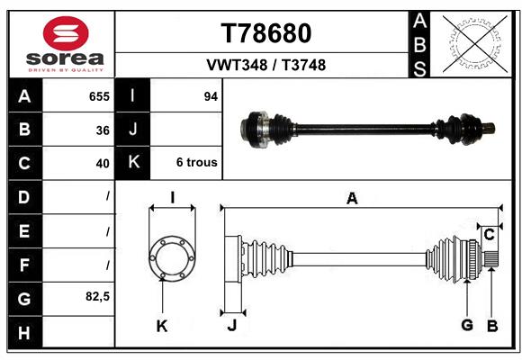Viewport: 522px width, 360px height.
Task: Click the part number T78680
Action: (266, 33)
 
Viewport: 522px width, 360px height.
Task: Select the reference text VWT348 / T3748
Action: (266, 65)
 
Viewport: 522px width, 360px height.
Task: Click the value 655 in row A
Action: (99, 95)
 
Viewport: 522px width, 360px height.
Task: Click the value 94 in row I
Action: (211, 95)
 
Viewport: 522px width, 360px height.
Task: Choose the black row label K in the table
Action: (133, 163)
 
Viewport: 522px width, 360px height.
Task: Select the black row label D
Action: (24, 196)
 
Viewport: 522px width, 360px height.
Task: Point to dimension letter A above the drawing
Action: (352, 199)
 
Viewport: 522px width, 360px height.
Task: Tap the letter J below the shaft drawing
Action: (231, 326)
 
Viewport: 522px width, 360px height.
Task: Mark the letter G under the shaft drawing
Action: (467, 324)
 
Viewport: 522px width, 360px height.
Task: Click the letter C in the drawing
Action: (489, 236)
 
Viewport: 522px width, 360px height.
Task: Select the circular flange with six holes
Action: (171, 259)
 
